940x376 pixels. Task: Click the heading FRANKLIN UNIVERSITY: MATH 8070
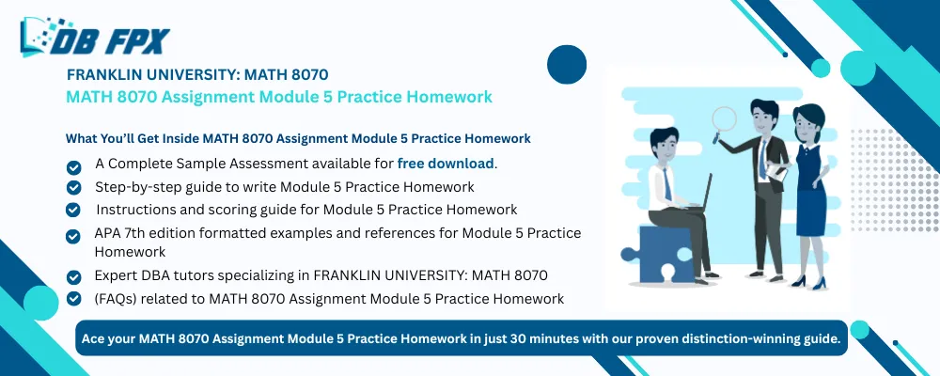click(196, 74)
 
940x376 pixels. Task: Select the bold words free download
click(446, 163)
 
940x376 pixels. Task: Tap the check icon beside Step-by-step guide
click(73, 188)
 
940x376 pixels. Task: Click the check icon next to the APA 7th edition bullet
click(73, 234)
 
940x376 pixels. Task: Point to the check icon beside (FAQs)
click(73, 300)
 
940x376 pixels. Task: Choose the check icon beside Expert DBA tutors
click(73, 277)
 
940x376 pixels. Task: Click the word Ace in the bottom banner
click(96, 337)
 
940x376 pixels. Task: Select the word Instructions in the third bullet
click(133, 209)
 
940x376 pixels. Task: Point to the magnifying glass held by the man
click(725, 119)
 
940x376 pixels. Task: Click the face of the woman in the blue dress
click(807, 120)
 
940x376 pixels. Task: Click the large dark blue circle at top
click(567, 65)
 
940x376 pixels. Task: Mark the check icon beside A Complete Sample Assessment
click(73, 165)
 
